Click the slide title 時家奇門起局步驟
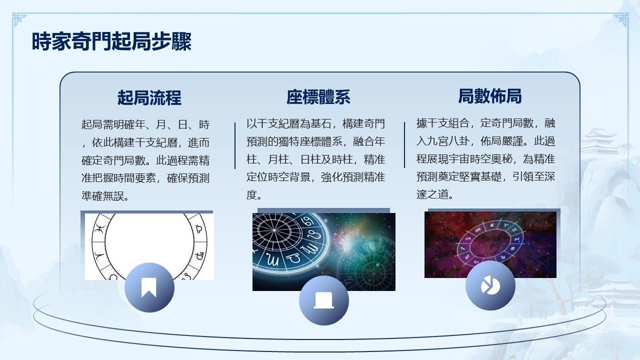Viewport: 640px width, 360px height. [111, 41]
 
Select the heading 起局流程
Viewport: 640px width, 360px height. [149, 97]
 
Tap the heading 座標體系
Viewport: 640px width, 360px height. [318, 97]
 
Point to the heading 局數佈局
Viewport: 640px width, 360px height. [490, 96]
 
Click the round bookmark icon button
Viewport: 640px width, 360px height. [149, 287]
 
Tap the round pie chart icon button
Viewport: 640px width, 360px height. [490, 285]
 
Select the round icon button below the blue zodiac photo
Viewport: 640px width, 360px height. [323, 300]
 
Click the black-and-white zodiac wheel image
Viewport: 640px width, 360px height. [149, 246]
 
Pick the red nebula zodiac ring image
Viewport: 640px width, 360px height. [490, 244]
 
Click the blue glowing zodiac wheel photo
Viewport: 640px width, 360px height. [323, 251]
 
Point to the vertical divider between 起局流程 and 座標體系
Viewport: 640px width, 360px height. [235, 145]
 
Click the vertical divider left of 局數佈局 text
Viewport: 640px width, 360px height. [404, 145]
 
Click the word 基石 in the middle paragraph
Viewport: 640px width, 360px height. [321, 123]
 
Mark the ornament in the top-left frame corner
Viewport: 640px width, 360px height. [19, 20]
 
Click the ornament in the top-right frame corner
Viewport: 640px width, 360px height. [621, 20]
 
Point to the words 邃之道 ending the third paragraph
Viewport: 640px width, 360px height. [432, 194]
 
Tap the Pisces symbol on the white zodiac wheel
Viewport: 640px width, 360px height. [100, 229]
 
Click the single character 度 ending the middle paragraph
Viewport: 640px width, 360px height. [251, 195]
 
